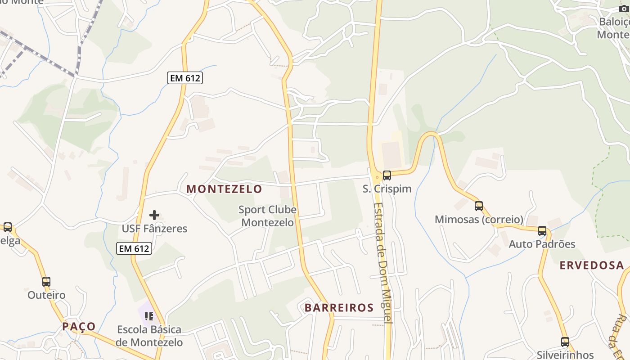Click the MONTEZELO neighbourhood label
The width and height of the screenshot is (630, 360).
pyautogui.click(x=224, y=189)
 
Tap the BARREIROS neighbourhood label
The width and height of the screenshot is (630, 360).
pyautogui.click(x=339, y=308)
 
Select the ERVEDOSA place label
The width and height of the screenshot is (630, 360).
pyautogui.click(x=591, y=265)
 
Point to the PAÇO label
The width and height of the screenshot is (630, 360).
pyautogui.click(x=79, y=326)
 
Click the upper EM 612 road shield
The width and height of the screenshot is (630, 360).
pyautogui.click(x=185, y=78)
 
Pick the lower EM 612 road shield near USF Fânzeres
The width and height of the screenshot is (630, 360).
pyautogui.click(x=134, y=248)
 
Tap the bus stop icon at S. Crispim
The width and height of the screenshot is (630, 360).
pyautogui.click(x=387, y=175)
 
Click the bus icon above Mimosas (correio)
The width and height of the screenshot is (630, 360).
pyautogui.click(x=479, y=206)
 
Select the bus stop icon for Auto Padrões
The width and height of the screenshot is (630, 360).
pyautogui.click(x=542, y=231)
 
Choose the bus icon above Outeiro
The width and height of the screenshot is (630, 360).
pyautogui.click(x=46, y=282)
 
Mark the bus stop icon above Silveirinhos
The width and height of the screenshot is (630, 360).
pyautogui.click(x=565, y=342)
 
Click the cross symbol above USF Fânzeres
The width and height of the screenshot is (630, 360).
pyautogui.click(x=154, y=215)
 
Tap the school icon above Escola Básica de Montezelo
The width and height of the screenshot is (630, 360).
pyautogui.click(x=149, y=316)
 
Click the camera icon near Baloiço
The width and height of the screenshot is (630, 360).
pyautogui.click(x=623, y=9)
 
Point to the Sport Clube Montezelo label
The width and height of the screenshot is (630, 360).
pyautogui.click(x=267, y=216)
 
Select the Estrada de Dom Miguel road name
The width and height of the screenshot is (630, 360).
pyautogui.click(x=383, y=262)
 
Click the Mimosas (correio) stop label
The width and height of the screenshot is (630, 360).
pyautogui.click(x=479, y=220)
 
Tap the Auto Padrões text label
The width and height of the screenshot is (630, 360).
pyautogui.click(x=542, y=244)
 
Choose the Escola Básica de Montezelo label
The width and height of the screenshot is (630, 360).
pyautogui.click(x=149, y=336)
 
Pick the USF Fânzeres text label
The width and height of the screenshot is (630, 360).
pyautogui.click(x=154, y=229)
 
